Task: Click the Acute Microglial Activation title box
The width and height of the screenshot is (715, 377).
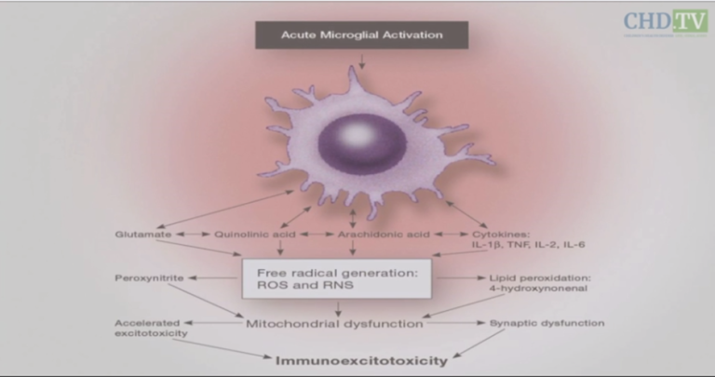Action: click(361, 35)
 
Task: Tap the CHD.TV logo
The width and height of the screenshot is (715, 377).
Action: click(666, 21)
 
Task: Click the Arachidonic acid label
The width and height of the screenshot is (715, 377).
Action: click(384, 234)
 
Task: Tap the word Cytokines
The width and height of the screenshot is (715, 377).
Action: click(501, 234)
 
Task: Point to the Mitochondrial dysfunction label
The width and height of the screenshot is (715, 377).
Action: click(335, 324)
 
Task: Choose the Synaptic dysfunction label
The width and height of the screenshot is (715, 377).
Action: click(546, 323)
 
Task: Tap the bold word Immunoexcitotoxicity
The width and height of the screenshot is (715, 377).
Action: click(359, 359)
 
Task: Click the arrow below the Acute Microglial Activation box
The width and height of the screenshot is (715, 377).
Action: click(361, 60)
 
